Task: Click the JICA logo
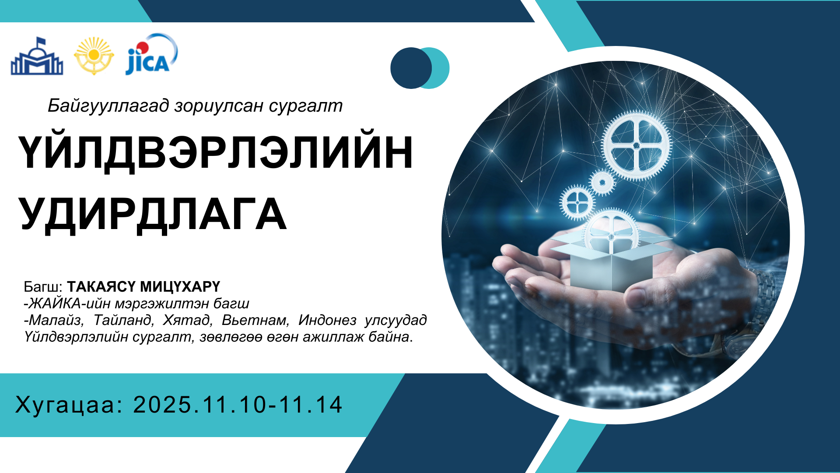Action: (151, 54)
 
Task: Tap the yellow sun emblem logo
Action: (94, 56)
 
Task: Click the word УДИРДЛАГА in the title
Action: (153, 215)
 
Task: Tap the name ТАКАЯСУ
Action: (101, 286)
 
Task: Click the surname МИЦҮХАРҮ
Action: (180, 286)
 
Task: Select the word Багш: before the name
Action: (43, 287)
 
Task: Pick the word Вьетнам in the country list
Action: (255, 320)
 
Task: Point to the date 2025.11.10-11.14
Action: (238, 405)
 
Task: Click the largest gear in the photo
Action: (636, 145)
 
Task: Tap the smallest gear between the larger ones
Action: (602, 182)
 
